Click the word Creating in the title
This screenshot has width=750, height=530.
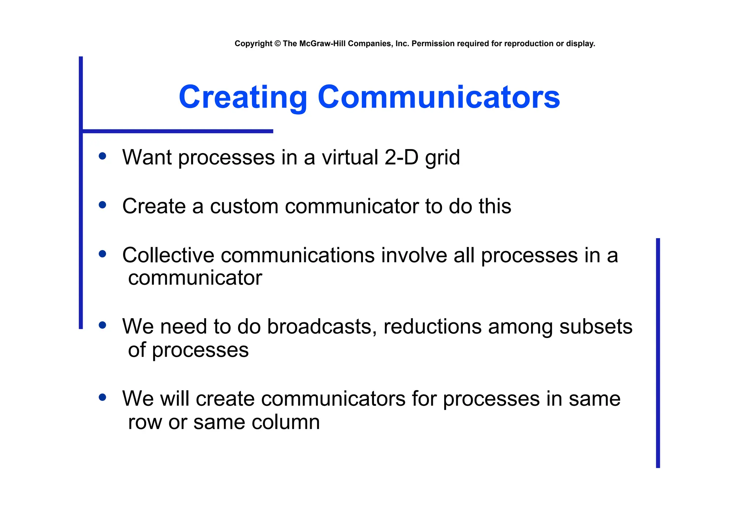point(243,97)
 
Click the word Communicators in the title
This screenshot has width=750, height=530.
point(439,97)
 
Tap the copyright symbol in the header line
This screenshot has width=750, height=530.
point(277,44)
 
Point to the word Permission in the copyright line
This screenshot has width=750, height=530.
point(433,44)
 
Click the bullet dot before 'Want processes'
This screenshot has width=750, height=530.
point(103,156)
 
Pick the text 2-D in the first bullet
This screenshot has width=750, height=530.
point(401,157)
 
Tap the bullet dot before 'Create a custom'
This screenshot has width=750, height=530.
point(103,205)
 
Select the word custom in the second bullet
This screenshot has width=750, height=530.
point(244,206)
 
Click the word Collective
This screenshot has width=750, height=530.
point(168,255)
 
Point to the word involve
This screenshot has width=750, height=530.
point(414,255)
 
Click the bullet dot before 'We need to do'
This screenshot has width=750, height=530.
point(103,325)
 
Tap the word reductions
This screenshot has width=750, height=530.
point(432,326)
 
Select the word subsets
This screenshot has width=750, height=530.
point(596,326)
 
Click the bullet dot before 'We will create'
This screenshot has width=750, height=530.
point(103,397)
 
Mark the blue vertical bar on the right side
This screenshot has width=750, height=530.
point(658,353)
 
